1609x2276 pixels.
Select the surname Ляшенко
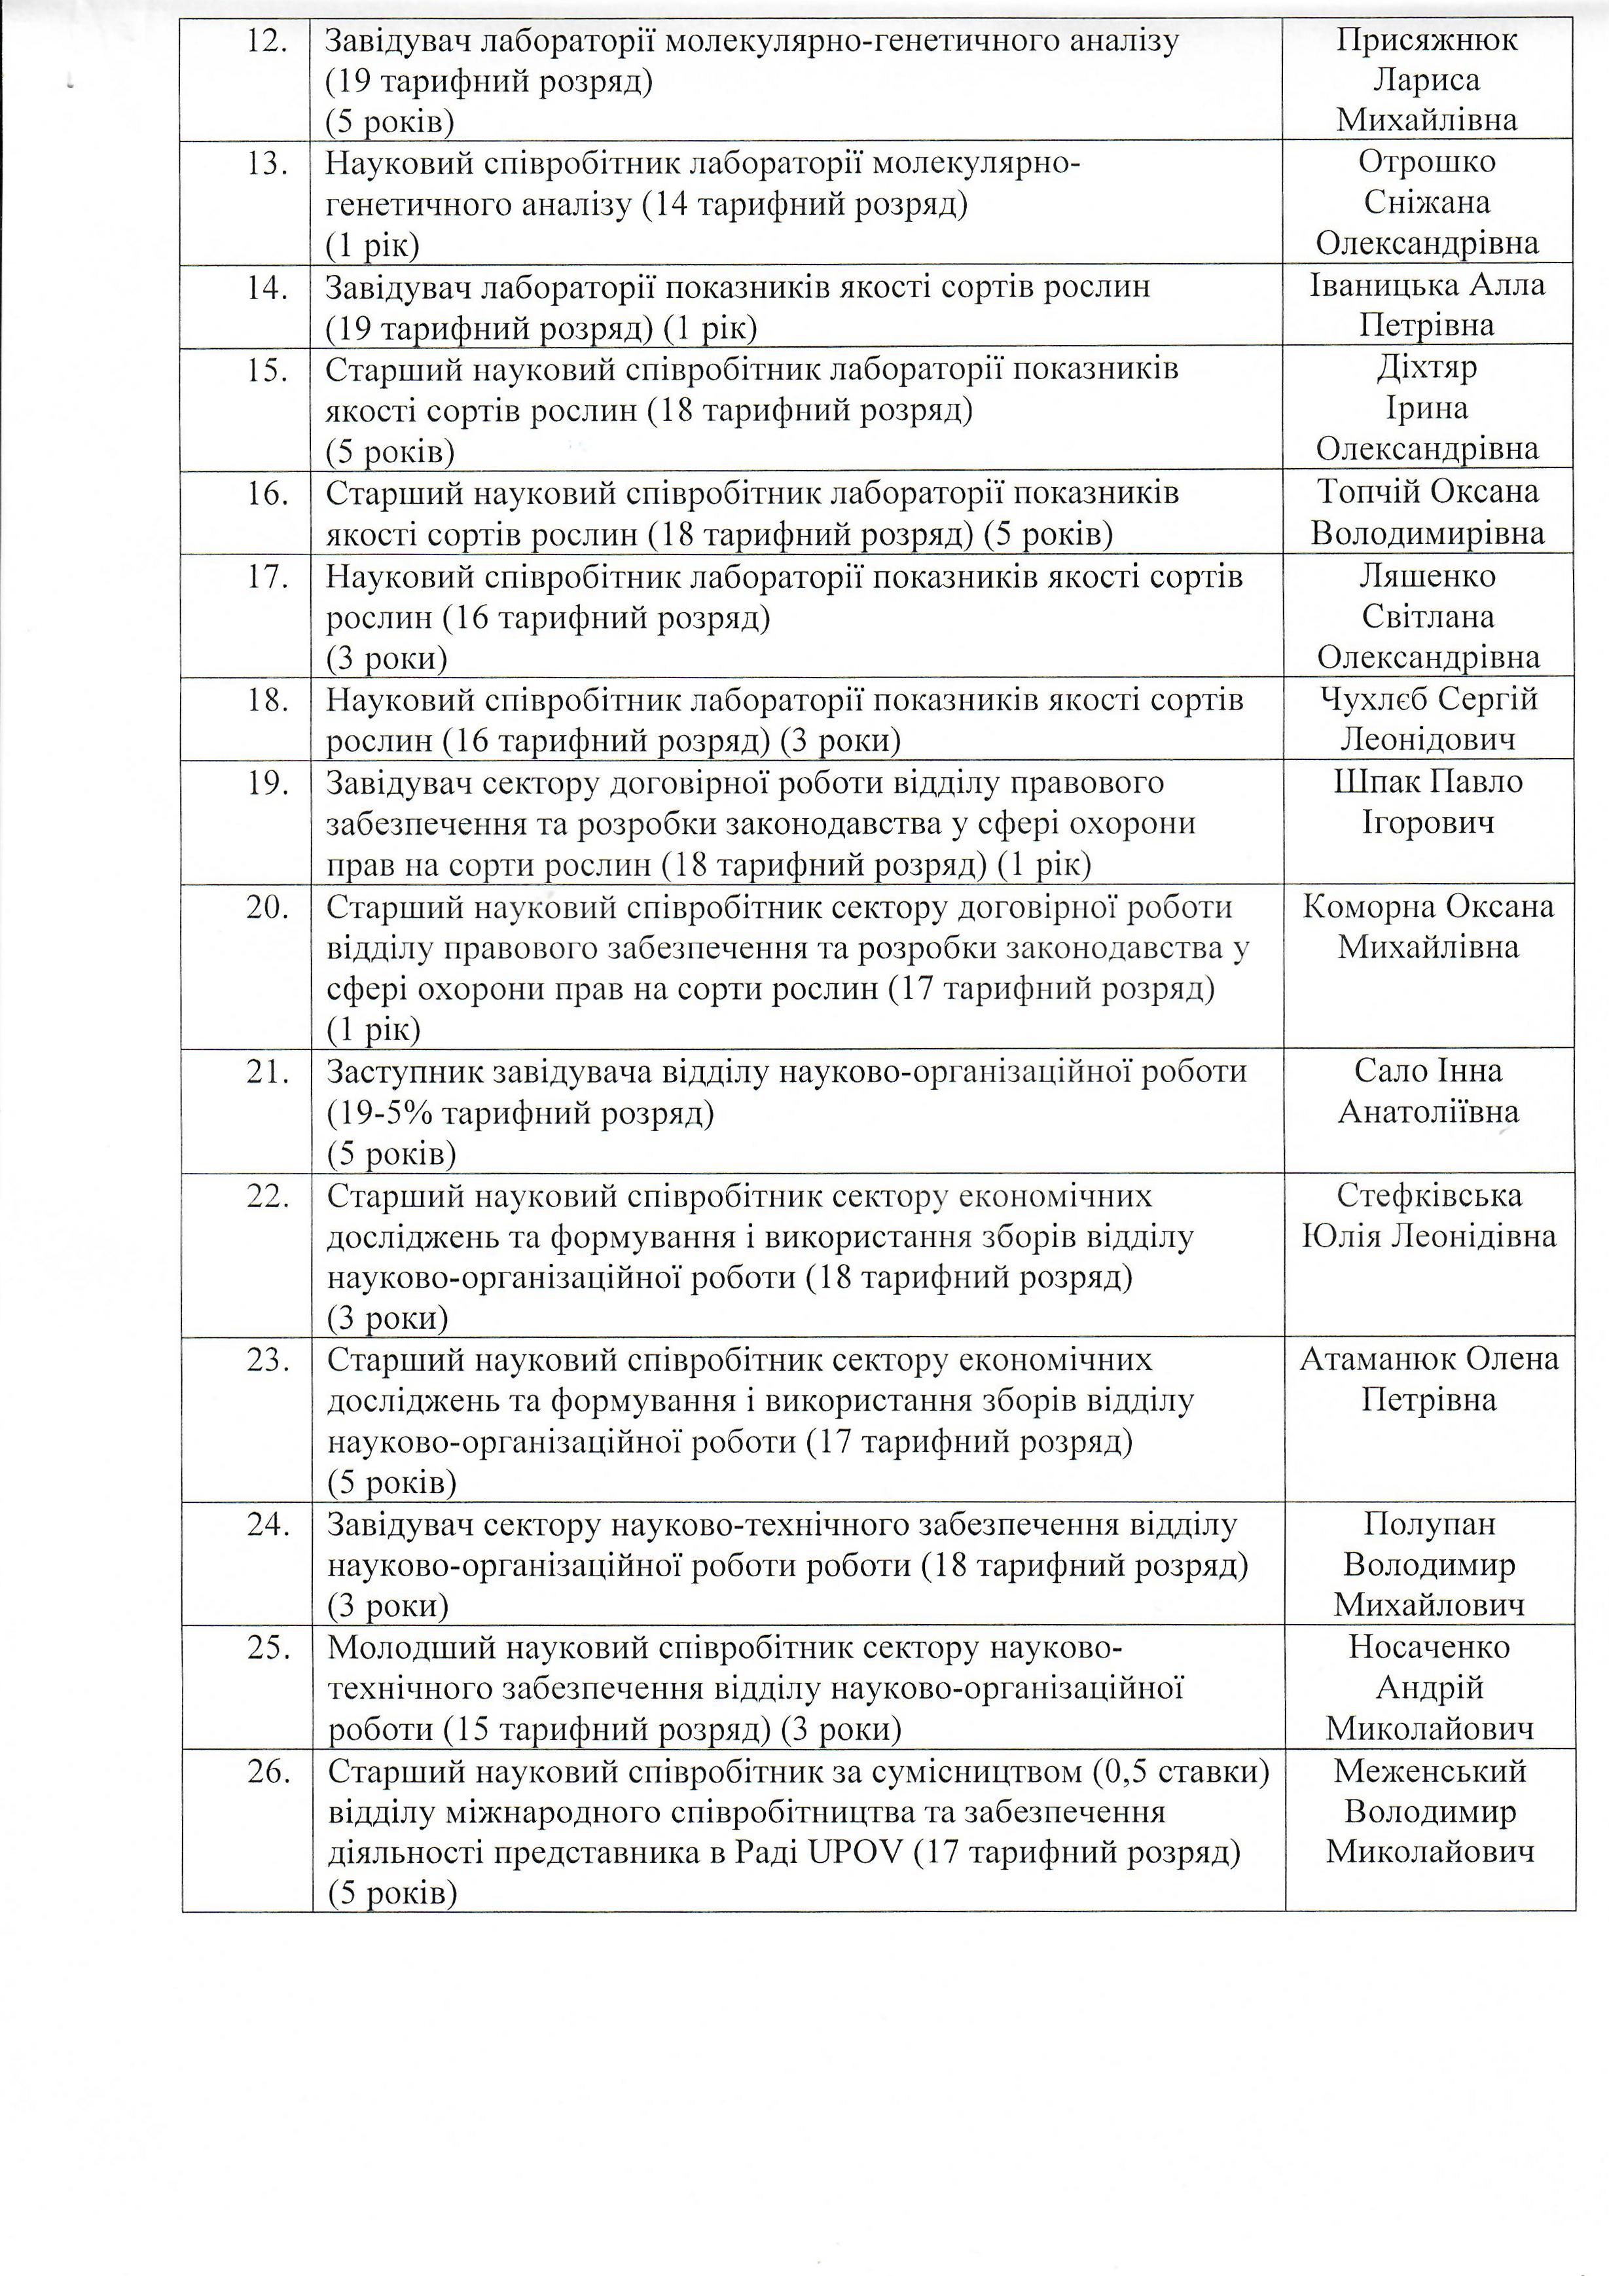pos(1428,576)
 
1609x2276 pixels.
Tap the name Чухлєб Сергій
pos(1428,699)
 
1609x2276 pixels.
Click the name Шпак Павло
pos(1428,782)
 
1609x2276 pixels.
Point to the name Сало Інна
pos(1428,1071)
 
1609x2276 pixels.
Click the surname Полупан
pos(1428,1525)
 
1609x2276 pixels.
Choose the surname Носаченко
pos(1428,1646)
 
